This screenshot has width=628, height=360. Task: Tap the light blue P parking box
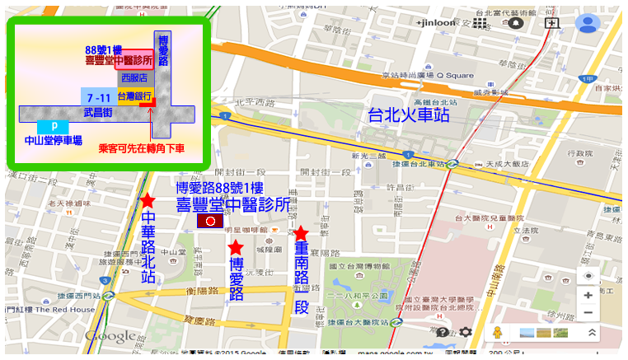click(x=54, y=126)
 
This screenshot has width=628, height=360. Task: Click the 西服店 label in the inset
click(x=134, y=77)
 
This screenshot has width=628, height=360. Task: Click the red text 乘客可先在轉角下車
click(x=141, y=148)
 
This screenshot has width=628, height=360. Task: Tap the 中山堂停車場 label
click(x=53, y=141)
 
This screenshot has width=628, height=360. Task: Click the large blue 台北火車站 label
click(x=409, y=115)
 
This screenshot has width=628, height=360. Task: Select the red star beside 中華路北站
click(x=148, y=200)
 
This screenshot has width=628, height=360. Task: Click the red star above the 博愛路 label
click(x=235, y=247)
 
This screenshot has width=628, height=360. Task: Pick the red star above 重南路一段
click(x=301, y=233)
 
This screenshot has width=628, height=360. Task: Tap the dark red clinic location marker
click(x=210, y=222)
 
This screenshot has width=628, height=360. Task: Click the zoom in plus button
click(x=588, y=295)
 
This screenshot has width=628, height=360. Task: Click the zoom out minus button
click(x=588, y=313)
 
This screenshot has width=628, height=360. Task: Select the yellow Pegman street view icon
click(x=497, y=332)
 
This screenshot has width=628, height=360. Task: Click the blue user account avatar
click(x=587, y=23)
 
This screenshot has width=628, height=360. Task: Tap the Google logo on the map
click(x=110, y=336)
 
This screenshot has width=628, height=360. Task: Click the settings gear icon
click(x=466, y=332)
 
